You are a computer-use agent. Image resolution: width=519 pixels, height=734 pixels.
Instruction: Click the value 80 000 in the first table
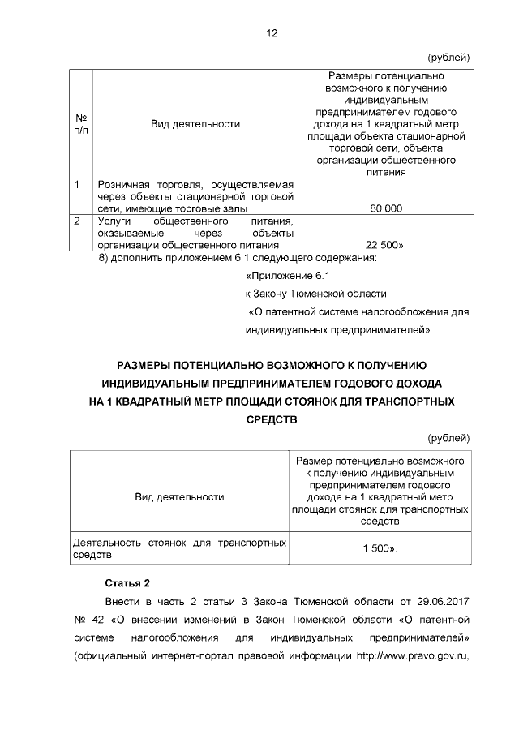pyautogui.click(x=385, y=208)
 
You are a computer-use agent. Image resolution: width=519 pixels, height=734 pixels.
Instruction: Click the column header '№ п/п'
pyautogui.click(x=81, y=124)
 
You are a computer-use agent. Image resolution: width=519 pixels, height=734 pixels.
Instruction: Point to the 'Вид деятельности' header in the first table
pyautogui.click(x=195, y=124)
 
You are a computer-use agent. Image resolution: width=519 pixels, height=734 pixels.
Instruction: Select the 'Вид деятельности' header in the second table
pyautogui.click(x=179, y=496)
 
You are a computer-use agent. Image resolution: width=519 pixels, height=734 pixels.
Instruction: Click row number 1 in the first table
pyautogui.click(x=75, y=185)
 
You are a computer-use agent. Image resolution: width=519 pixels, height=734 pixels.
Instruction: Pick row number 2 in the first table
pyautogui.click(x=76, y=220)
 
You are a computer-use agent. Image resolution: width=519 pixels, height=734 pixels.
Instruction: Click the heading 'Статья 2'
pyautogui.click(x=128, y=583)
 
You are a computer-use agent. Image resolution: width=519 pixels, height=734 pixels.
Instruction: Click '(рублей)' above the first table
pyautogui.click(x=448, y=57)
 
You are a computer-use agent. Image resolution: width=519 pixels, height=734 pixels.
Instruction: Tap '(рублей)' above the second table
pyautogui.click(x=448, y=438)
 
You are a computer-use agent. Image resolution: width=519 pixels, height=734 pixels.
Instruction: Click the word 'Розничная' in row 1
pyautogui.click(x=123, y=185)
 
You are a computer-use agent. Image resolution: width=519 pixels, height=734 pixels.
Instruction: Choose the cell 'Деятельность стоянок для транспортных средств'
pyautogui.click(x=178, y=549)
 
